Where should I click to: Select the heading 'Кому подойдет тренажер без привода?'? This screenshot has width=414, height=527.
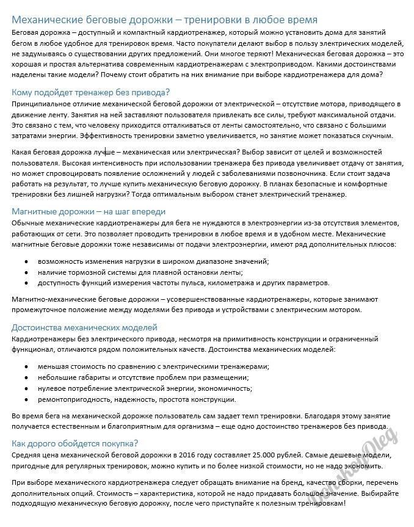[90, 93]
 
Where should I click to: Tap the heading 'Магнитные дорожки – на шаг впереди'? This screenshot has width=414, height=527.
[89, 211]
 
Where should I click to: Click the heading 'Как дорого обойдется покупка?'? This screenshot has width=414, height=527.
[74, 443]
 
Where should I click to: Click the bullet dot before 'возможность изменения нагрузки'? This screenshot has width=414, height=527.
[26, 261]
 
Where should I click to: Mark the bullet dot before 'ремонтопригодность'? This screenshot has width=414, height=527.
[26, 399]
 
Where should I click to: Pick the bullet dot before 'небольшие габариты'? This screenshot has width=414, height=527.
[26, 377]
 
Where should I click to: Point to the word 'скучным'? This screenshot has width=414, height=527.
[379, 136]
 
